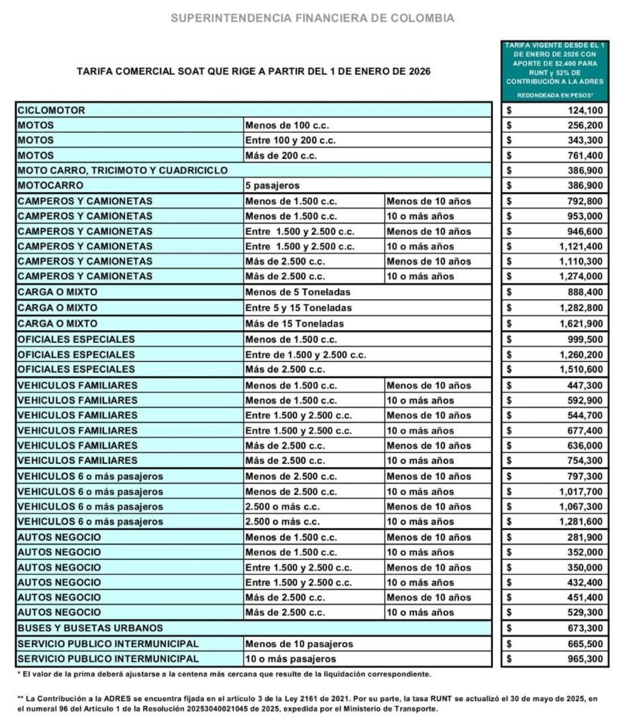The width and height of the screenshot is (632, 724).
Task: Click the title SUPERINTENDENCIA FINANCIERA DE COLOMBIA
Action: [x=312, y=18]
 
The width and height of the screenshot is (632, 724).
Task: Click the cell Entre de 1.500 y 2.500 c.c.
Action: [x=305, y=354]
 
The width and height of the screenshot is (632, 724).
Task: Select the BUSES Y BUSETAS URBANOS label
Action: [x=90, y=628]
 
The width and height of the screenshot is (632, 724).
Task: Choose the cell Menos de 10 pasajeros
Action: [x=298, y=644]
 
